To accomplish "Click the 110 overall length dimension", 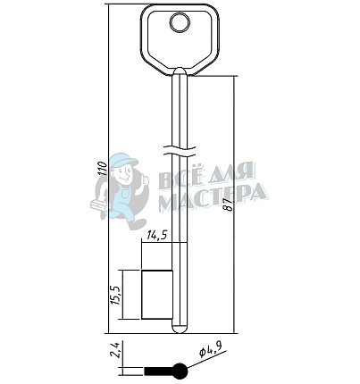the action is coord(103,169).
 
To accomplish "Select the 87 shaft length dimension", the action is coord(230,205).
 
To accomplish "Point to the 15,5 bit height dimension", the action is coord(115,296).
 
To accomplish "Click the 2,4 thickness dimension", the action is coord(115,349).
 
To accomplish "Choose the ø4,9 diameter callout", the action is coord(211,349).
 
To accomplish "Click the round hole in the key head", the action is coord(180,23).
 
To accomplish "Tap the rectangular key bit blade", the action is coord(157,295).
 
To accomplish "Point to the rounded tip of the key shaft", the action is coord(180,329).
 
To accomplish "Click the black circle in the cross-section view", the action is coord(180,371).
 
